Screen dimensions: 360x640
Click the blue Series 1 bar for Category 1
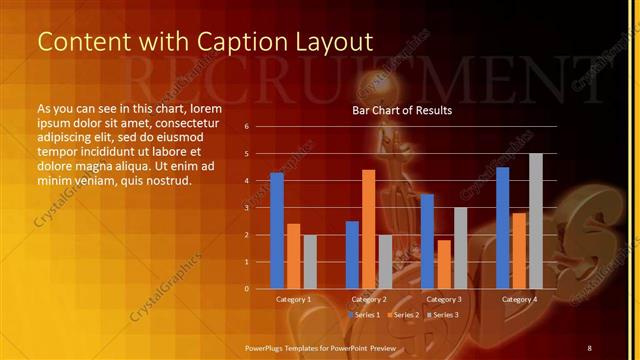(277, 231)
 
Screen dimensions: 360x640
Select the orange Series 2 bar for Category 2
(368, 229)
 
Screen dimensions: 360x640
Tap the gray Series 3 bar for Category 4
(535, 221)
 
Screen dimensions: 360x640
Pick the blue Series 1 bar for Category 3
(427, 241)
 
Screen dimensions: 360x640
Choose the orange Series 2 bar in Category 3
(443, 264)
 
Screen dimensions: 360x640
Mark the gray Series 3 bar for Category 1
(310, 262)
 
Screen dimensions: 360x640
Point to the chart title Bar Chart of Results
(402, 110)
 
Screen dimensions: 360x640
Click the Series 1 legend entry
(365, 315)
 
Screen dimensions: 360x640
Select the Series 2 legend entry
(403, 315)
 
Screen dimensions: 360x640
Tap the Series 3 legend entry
(442, 315)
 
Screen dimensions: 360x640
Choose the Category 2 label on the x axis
(369, 299)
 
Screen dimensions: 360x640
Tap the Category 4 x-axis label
(519, 299)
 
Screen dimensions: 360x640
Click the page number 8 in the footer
(589, 347)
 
